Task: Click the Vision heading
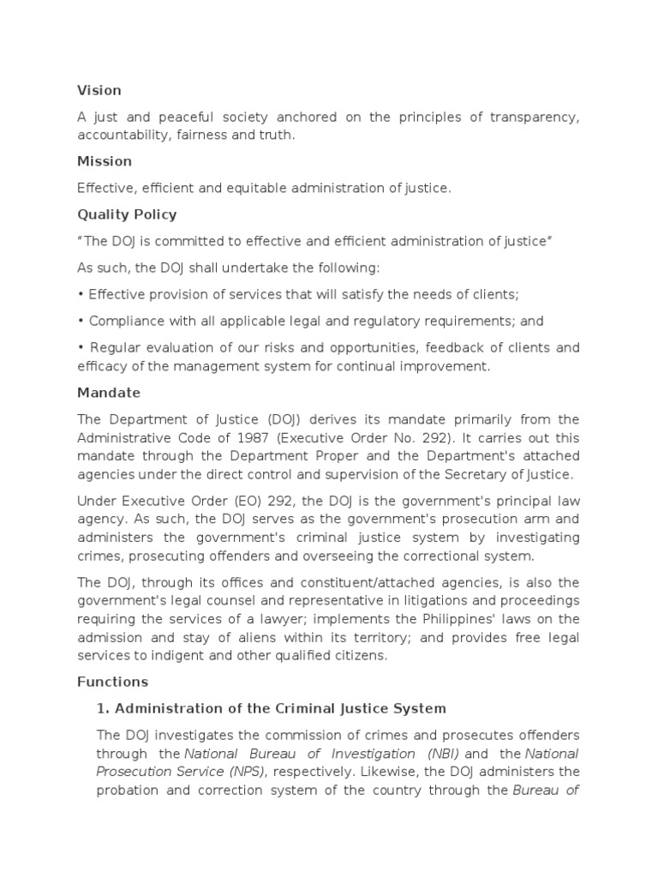pos(99,90)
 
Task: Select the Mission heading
pos(105,161)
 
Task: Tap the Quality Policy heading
pos(127,214)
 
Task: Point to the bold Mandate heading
pos(109,393)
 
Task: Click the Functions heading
pos(112,682)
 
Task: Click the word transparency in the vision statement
pos(532,117)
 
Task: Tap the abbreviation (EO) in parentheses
pos(229,502)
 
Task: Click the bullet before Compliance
pos(81,321)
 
